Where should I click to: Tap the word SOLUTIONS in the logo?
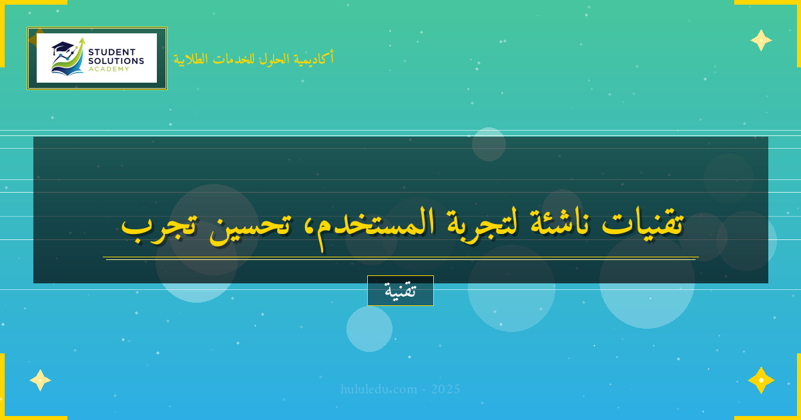[x=116, y=61]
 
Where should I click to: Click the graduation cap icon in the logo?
[x=62, y=47]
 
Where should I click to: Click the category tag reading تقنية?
[x=400, y=291]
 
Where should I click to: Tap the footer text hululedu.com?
[x=379, y=389]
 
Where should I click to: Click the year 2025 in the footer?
[x=445, y=389]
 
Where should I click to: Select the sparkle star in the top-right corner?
[x=761, y=40]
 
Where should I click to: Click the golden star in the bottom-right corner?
[x=761, y=380]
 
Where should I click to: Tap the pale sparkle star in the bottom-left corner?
[x=40, y=380]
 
